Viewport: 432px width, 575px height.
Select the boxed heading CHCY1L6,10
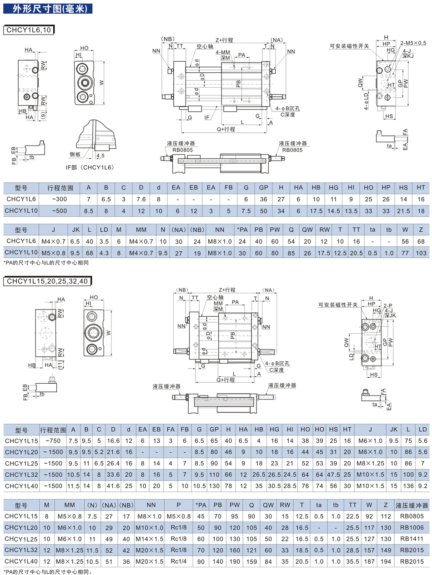29,30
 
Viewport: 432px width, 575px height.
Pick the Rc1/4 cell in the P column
180,561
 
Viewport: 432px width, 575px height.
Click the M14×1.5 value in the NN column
150,538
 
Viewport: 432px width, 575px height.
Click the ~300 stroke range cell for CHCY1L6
59,199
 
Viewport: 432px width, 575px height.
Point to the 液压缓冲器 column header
412,505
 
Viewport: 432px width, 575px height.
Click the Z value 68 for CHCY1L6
421,241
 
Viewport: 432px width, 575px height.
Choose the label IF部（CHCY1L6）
89,167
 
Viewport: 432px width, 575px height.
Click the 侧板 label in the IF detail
75,154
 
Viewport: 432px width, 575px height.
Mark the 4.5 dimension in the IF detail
100,155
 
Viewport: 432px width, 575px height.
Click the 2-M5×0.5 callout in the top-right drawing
413,43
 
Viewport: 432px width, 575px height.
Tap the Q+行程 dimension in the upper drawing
226,129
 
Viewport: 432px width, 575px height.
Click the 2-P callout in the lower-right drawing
387,306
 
